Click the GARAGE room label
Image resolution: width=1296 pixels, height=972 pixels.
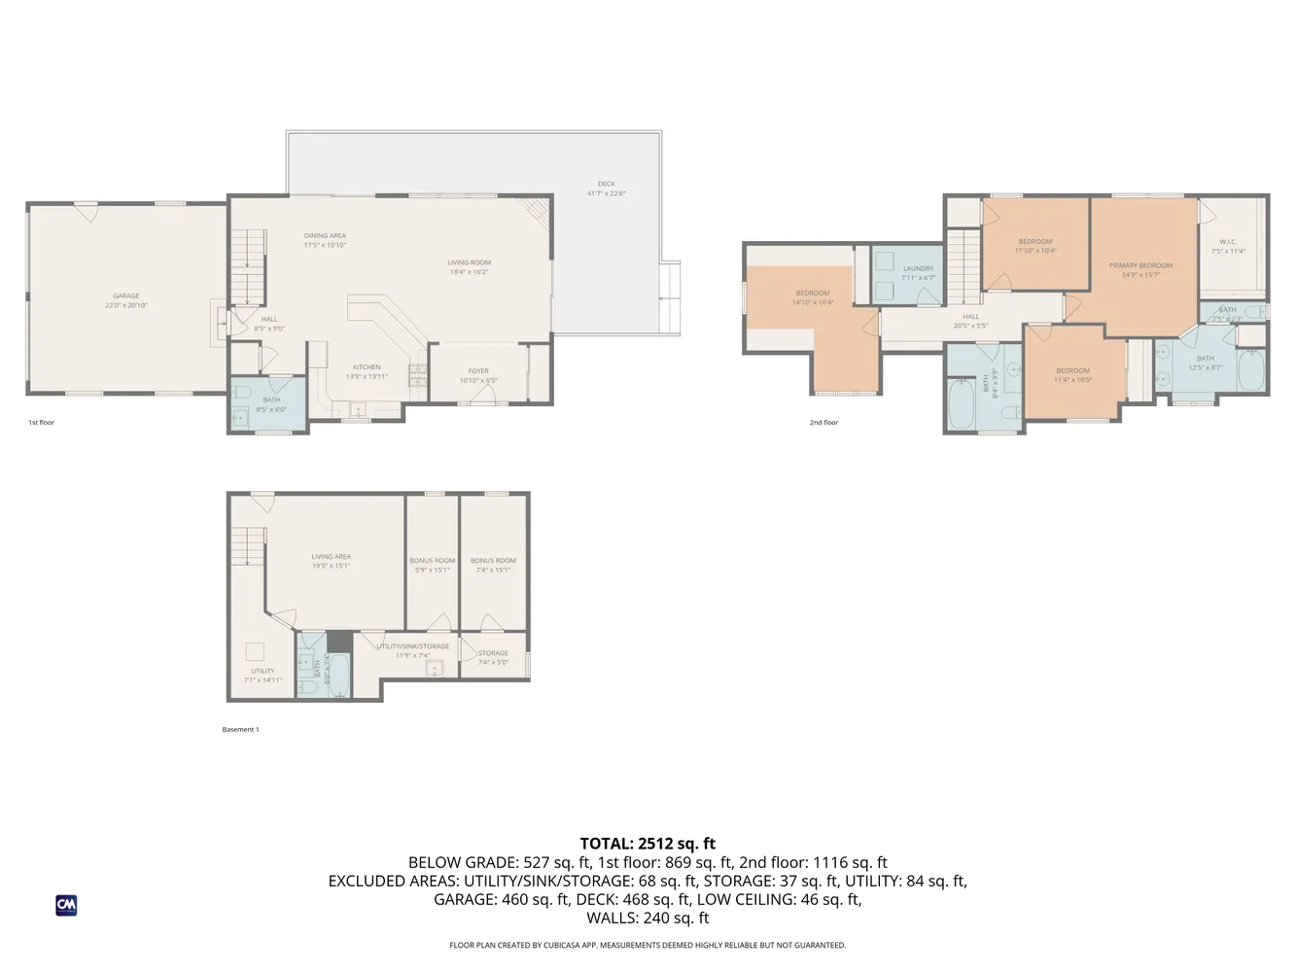(126, 295)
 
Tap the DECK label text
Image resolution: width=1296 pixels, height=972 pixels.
(607, 184)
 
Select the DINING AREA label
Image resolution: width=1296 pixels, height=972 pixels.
(325, 235)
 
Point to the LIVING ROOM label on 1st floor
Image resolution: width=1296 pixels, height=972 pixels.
(469, 262)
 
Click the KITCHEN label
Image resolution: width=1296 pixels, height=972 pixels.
(367, 367)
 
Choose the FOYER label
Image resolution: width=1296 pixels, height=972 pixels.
(478, 370)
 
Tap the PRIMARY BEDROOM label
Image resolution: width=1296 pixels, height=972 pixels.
(1140, 265)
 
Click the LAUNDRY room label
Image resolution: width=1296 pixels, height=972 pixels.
(918, 268)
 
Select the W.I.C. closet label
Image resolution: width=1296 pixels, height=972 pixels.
(1228, 242)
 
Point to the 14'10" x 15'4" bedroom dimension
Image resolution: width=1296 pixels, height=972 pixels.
(813, 302)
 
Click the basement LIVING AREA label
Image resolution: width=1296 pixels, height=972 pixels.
(331, 557)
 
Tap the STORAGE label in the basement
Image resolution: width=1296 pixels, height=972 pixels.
(493, 653)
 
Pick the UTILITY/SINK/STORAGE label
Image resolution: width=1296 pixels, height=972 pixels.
(413, 646)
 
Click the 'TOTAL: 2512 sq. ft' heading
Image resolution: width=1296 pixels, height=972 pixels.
(648, 844)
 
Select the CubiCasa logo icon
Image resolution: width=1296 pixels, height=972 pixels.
(66, 905)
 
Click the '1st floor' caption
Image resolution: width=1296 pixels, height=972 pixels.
(41, 423)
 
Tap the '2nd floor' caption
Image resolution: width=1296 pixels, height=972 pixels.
(823, 423)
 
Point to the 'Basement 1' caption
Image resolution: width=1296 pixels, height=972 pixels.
(240, 729)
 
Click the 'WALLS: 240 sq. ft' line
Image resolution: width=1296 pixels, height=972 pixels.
(648, 918)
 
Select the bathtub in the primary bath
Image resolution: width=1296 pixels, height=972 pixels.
(1251, 371)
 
